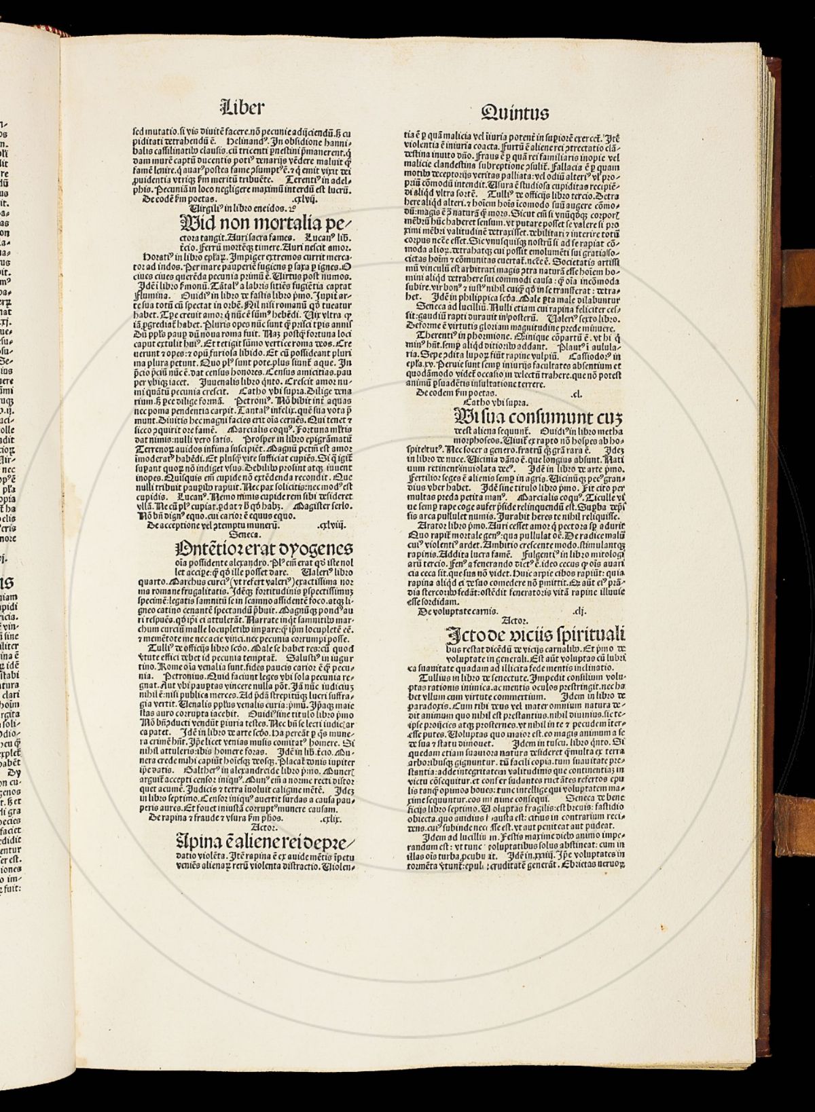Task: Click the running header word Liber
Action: click(242, 107)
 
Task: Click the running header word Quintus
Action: click(514, 111)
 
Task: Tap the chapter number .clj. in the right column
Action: click(579, 610)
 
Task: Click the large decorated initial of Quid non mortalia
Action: click(192, 225)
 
